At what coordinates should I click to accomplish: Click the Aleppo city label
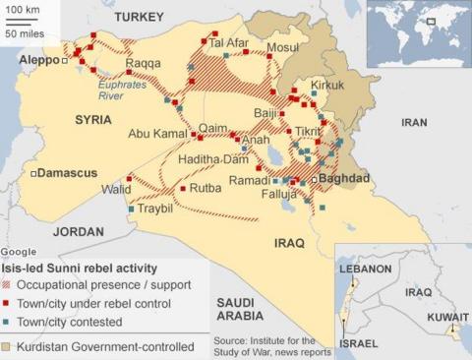[38, 60]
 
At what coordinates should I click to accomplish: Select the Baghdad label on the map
[341, 179]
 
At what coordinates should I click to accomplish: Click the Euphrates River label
[121, 91]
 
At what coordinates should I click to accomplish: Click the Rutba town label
[206, 187]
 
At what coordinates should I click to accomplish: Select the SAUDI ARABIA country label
[239, 309]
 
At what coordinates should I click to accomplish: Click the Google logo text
[18, 253]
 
